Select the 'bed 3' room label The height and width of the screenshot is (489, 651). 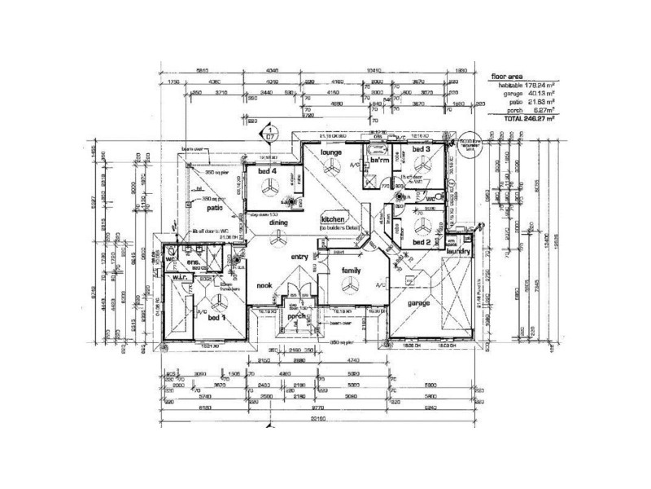(x=420, y=151)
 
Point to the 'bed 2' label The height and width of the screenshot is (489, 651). (x=421, y=242)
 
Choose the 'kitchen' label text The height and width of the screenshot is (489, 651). (x=334, y=221)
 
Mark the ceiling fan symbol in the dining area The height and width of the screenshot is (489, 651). (x=277, y=237)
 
